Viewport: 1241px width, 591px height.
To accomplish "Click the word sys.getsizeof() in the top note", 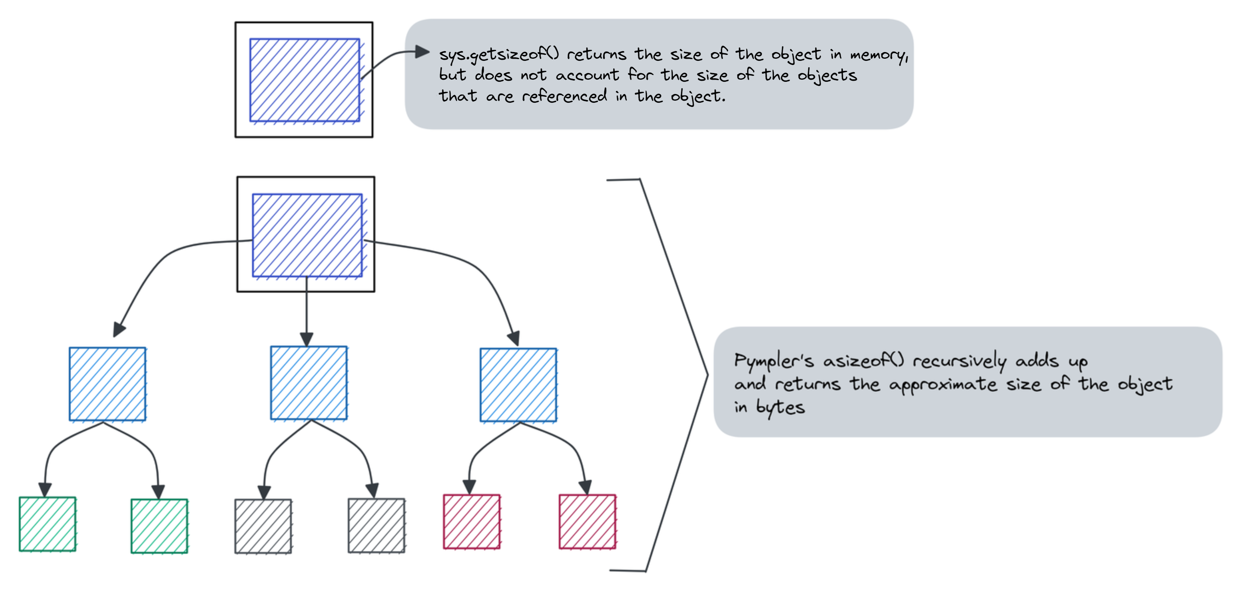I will [499, 55].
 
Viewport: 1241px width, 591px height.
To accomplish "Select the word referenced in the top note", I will [565, 96].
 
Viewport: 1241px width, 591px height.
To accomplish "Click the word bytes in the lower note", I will [780, 408].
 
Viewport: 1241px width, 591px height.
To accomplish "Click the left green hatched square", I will [47, 524].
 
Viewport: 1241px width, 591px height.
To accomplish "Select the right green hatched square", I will [159, 526].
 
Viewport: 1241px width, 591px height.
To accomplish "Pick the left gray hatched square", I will [263, 526].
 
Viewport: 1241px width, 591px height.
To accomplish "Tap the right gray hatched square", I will [376, 526].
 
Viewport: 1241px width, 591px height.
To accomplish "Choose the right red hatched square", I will [587, 522].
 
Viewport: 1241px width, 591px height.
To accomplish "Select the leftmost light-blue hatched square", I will [107, 384].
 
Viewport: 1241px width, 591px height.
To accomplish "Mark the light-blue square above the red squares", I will [518, 385].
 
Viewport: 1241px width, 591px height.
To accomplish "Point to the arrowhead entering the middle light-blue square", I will [306, 340].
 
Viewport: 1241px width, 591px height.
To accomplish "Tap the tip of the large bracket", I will [707, 375].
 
